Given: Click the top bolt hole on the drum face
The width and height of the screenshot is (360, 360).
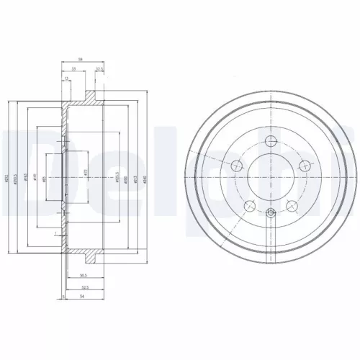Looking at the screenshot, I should [x=271, y=141].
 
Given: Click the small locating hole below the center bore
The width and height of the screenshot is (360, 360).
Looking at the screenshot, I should [x=271, y=212].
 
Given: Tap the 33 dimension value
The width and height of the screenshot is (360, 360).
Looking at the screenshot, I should [x=74, y=70].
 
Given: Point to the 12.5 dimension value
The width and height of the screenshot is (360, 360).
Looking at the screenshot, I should [x=99, y=70].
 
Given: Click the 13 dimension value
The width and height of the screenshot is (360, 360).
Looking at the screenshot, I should [x=66, y=78].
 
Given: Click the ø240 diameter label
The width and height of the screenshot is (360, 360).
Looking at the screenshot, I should [x=146, y=180].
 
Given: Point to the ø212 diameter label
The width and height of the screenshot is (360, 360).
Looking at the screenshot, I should [x=8, y=180].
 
